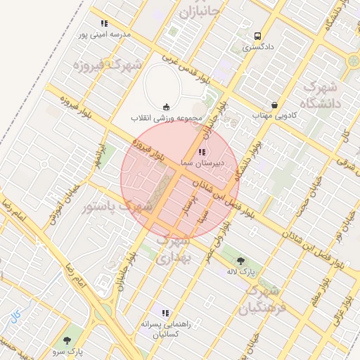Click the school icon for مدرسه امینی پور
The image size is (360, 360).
pyautogui.click(x=105, y=24)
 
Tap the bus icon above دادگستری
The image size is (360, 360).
pyautogui.click(x=257, y=36)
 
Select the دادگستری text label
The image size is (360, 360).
pyautogui.click(x=257, y=48)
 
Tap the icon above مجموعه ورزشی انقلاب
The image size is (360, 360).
pyautogui.click(x=165, y=107)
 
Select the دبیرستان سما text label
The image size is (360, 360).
pyautogui.click(x=202, y=162)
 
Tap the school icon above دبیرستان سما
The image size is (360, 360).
pyautogui.click(x=202, y=151)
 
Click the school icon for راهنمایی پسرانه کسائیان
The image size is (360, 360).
pyautogui.click(x=165, y=313)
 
